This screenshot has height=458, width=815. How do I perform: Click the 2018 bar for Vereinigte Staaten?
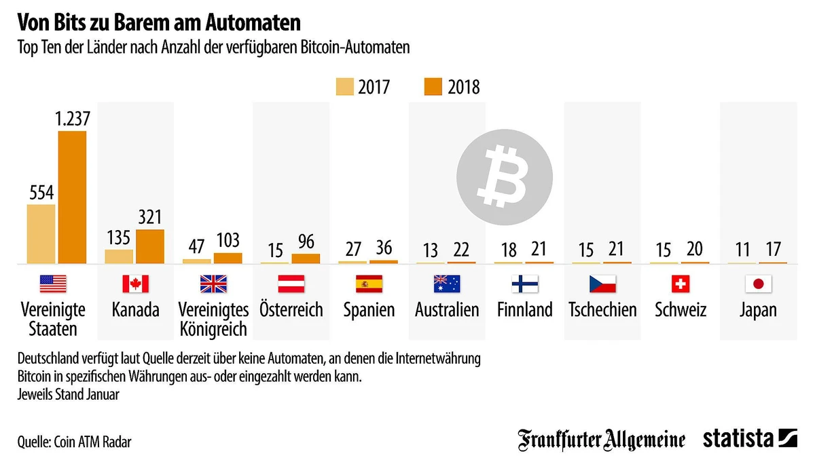click(x=72, y=197)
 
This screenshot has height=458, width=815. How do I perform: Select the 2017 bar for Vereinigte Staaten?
click(x=41, y=233)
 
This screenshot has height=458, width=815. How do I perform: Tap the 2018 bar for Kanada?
click(x=150, y=246)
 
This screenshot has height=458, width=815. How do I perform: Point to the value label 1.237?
click(x=72, y=119)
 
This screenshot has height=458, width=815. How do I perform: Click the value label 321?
click(x=150, y=217)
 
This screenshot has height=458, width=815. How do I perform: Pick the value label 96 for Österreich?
click(x=306, y=242)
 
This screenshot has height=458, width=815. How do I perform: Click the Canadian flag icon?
click(x=135, y=284)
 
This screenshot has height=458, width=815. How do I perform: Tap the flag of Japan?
click(x=759, y=284)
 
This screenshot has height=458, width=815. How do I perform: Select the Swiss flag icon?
click(x=681, y=284)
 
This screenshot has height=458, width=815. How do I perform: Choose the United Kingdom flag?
click(x=213, y=284)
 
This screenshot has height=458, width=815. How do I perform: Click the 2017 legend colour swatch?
click(x=344, y=87)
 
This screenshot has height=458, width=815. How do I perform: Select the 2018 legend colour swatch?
click(x=433, y=87)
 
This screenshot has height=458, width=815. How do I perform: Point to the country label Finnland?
click(x=524, y=310)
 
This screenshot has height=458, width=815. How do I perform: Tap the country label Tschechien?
click(x=602, y=310)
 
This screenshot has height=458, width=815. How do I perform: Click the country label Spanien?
click(x=369, y=310)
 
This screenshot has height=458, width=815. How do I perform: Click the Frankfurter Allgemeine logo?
click(x=602, y=439)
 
